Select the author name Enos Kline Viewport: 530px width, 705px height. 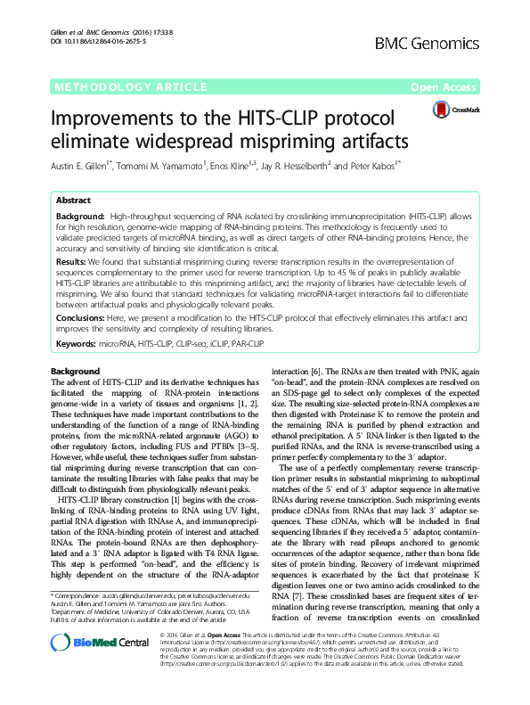click(236, 165)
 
